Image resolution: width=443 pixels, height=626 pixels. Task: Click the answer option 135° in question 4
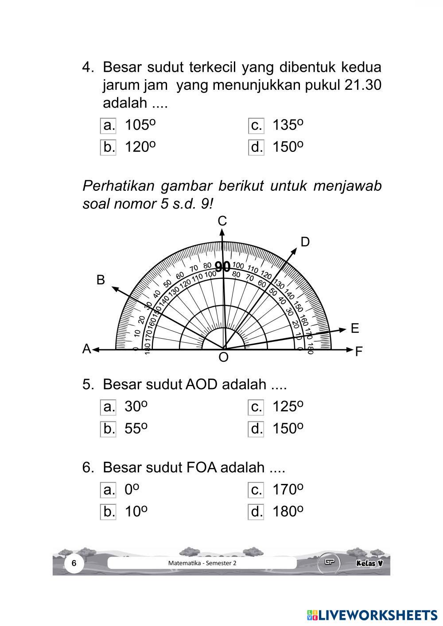[x=288, y=125]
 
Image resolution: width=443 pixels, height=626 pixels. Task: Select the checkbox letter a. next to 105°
[x=108, y=125]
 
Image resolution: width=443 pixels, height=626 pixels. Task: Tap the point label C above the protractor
[x=222, y=221]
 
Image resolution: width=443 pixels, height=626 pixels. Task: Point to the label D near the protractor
[x=305, y=242]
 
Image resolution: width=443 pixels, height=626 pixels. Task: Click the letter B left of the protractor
[x=101, y=280]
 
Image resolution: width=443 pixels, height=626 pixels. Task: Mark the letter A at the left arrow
[x=87, y=349]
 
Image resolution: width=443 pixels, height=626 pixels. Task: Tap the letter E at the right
[x=355, y=328]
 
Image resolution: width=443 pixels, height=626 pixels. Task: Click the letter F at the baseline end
[x=359, y=352]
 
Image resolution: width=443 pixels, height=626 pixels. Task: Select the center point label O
[x=224, y=357]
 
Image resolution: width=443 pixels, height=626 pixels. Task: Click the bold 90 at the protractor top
[x=222, y=267]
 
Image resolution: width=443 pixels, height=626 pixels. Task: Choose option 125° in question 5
[x=288, y=406]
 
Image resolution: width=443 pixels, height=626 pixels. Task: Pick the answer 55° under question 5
[x=136, y=429]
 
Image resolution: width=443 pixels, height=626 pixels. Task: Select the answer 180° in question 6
[x=288, y=512]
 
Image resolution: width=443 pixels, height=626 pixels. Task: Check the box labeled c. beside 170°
[x=256, y=490]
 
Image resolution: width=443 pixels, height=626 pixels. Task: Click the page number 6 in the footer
[x=74, y=563]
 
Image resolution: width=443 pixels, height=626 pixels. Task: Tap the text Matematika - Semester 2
[x=202, y=563]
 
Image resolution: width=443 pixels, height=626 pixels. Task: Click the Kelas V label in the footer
[x=369, y=563]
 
